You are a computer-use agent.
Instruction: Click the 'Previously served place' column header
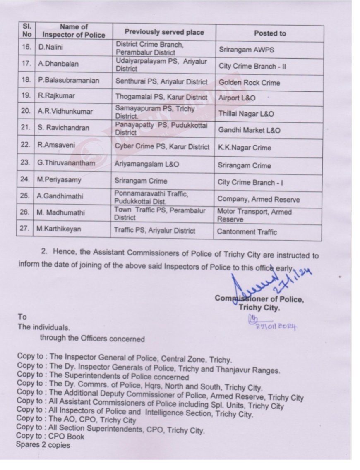click(x=164, y=32)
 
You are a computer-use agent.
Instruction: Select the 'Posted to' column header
click(x=270, y=33)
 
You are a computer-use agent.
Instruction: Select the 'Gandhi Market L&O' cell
click(x=249, y=130)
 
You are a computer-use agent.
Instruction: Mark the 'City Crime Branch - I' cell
click(x=252, y=183)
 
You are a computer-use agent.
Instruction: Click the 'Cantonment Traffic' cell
click(x=247, y=232)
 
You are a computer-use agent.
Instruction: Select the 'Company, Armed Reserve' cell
click(x=258, y=200)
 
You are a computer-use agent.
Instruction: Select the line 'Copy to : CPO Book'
click(x=50, y=436)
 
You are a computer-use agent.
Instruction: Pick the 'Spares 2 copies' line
click(x=43, y=445)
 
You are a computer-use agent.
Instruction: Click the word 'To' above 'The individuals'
click(x=22, y=317)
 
